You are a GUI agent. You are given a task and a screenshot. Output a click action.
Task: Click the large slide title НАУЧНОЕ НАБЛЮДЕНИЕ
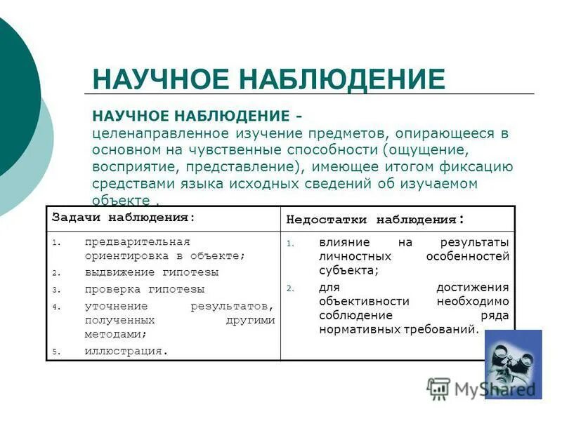[268, 79]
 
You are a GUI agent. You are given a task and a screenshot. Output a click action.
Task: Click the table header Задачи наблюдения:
[123, 218]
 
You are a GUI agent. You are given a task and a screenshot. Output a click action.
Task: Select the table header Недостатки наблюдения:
[374, 219]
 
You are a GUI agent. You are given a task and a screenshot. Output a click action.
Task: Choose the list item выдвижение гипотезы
[152, 272]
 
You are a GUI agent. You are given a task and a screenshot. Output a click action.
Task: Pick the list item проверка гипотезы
[145, 288]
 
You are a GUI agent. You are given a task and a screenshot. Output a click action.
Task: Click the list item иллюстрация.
[126, 350]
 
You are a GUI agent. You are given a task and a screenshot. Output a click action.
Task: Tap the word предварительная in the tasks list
[138, 241]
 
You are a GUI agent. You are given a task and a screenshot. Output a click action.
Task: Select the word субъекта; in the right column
[348, 270]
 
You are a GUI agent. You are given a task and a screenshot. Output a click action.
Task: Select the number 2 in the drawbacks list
[289, 288]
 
